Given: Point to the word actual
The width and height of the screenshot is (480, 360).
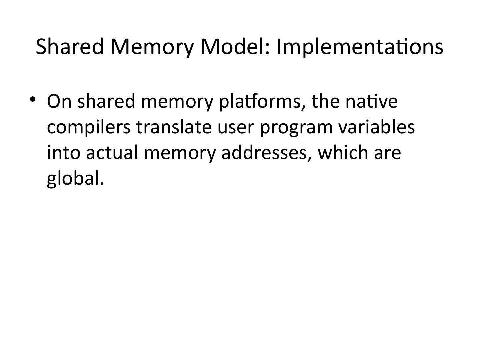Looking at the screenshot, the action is point(112,153).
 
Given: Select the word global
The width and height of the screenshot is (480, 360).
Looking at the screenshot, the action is point(73,179).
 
